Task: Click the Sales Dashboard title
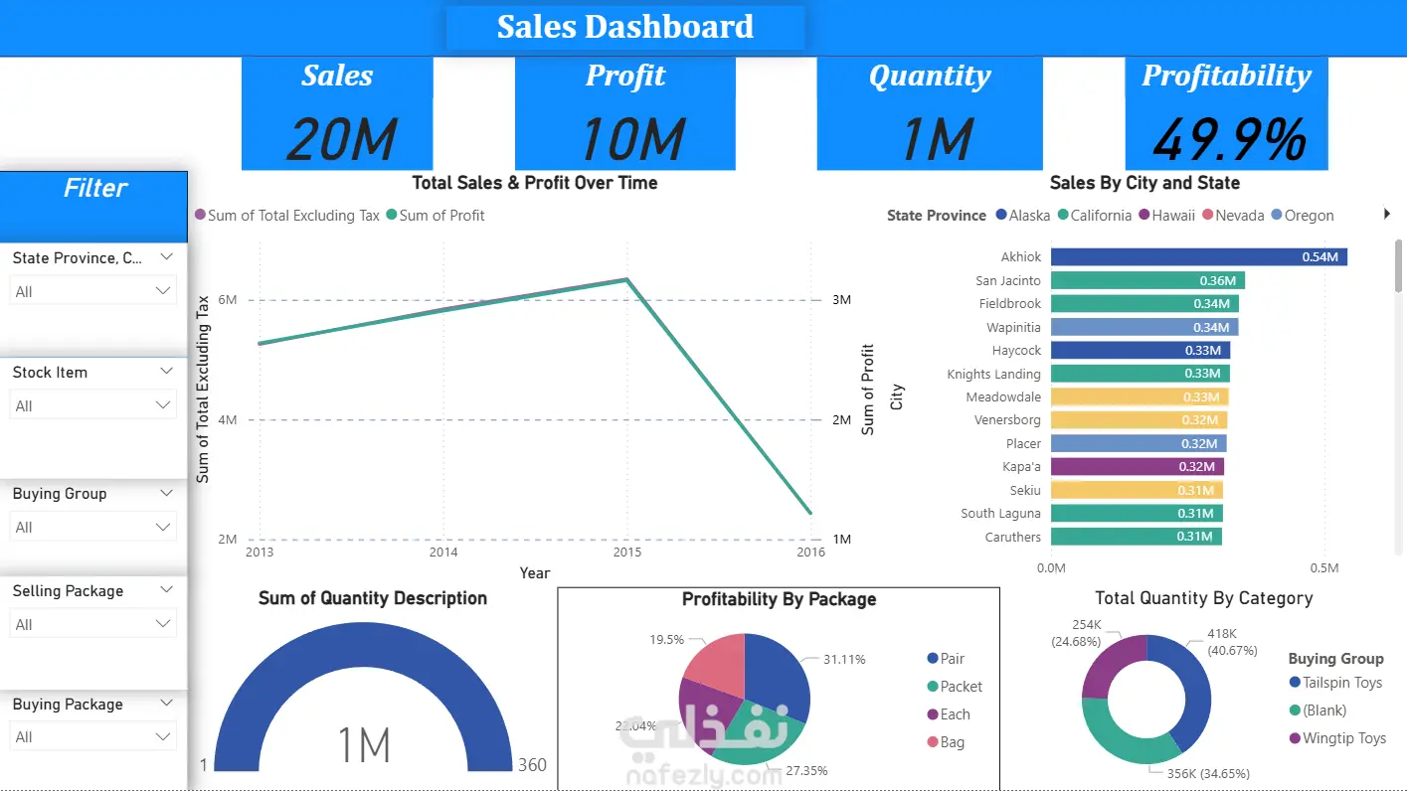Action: click(x=624, y=27)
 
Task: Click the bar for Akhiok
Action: click(x=1198, y=257)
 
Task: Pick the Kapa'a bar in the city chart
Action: click(x=1137, y=466)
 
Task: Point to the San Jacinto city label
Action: click(x=1008, y=281)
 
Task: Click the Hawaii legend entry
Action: click(x=1173, y=216)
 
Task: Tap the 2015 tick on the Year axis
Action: click(x=626, y=553)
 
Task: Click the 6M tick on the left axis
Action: click(x=228, y=300)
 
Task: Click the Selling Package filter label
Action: click(x=68, y=591)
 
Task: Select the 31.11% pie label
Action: click(x=844, y=659)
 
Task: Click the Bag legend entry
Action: click(x=952, y=742)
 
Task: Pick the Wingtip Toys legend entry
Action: click(x=1344, y=738)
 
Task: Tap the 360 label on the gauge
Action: click(x=532, y=765)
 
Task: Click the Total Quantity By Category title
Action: click(x=1203, y=598)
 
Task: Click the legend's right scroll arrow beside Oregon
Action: click(x=1387, y=215)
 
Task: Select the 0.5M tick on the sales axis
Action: click(x=1323, y=568)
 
